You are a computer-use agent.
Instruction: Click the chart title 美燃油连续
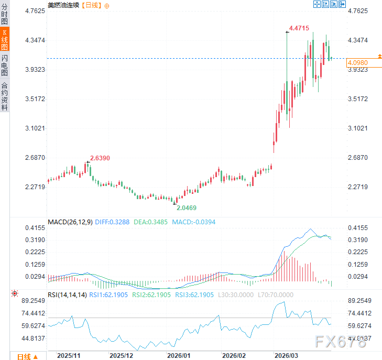pos(62,5)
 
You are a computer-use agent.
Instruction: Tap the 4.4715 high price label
pos(299,28)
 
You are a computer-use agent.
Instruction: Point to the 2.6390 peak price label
pos(100,158)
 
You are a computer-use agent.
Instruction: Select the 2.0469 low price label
pos(186,208)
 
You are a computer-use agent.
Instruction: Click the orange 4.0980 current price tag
pos(357,62)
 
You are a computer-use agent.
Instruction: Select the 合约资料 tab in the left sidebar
pos(5,96)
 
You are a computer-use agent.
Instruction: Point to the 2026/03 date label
pos(287,355)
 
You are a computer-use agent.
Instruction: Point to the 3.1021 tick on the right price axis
pos(358,128)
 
